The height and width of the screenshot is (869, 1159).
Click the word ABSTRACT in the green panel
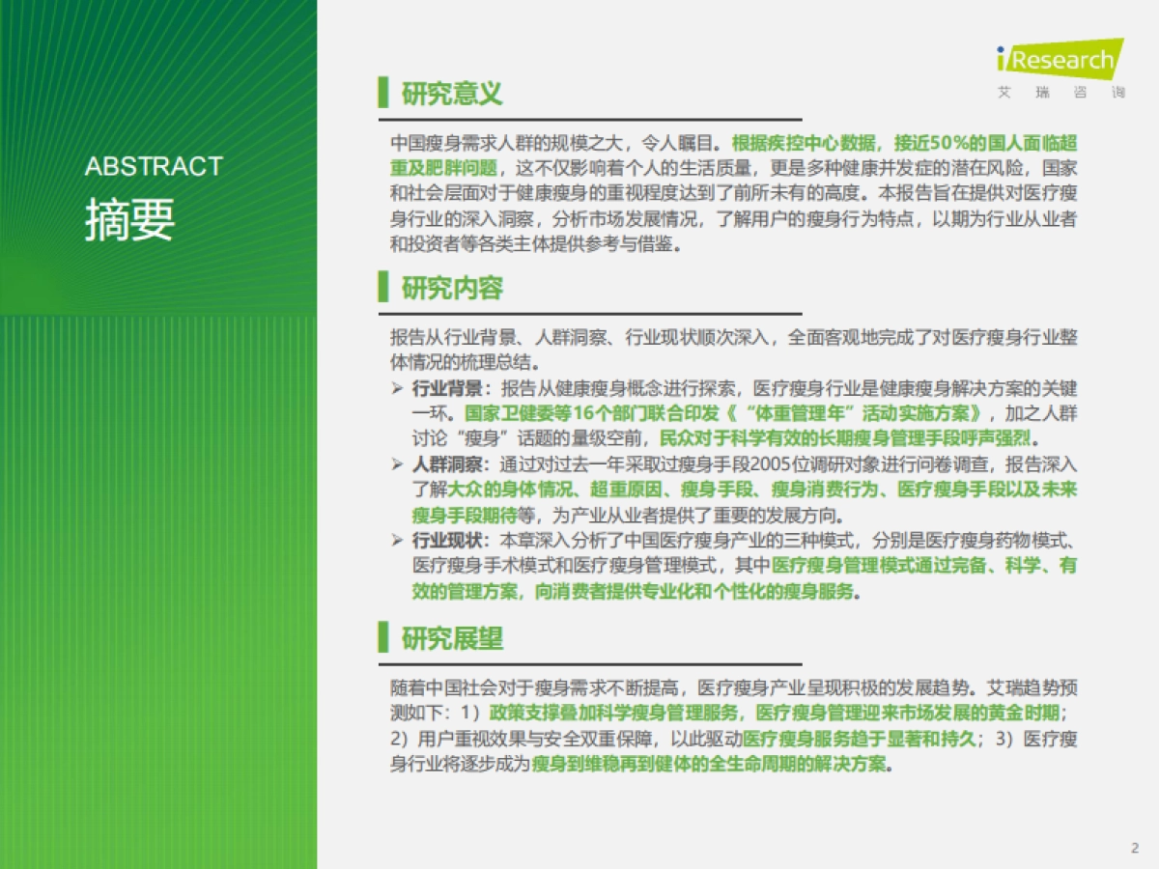pos(154,166)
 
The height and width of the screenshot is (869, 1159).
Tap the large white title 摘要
pos(129,219)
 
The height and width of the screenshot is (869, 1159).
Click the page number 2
pos(1135,848)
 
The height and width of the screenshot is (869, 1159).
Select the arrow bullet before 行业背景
pos(397,388)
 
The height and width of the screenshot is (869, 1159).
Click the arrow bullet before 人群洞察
pos(397,464)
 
